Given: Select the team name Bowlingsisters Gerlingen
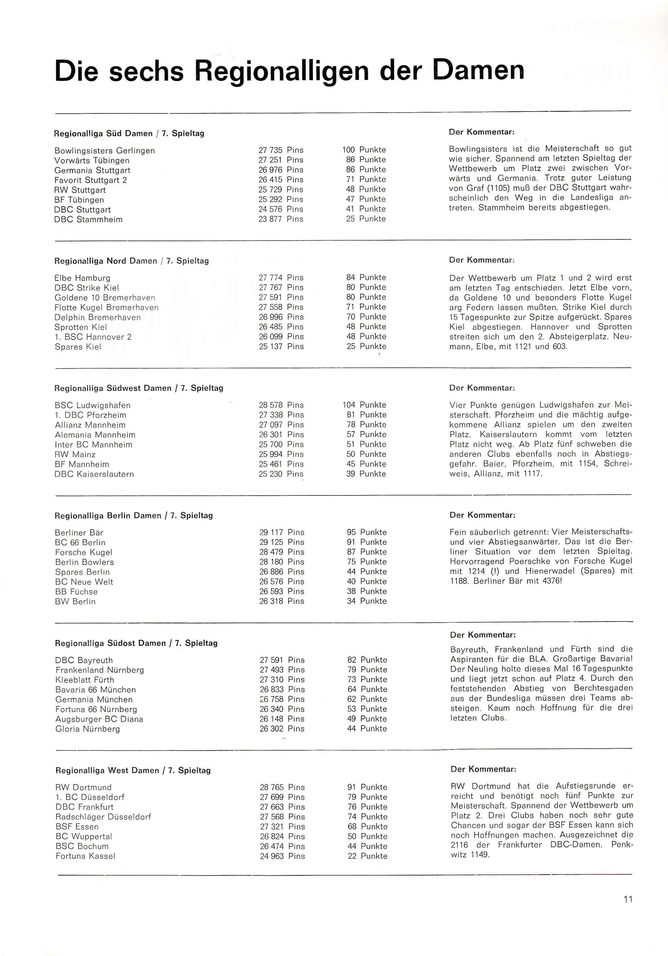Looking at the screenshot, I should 105,151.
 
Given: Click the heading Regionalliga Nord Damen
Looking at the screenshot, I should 106,261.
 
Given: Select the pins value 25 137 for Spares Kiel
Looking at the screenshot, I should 271,346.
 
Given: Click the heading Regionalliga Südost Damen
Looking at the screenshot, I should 110,643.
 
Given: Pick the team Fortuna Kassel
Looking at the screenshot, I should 85,856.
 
